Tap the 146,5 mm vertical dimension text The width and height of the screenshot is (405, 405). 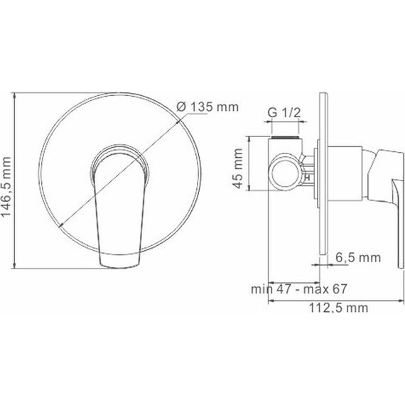pyautogui.click(x=8, y=181)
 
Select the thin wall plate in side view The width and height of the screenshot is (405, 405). pyautogui.click(x=324, y=178)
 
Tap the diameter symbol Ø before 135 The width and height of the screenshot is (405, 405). pyautogui.click(x=181, y=107)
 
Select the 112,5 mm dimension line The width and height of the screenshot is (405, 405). pyautogui.click(x=327, y=299)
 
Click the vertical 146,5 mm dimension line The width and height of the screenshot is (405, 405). pyautogui.click(x=16, y=181)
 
